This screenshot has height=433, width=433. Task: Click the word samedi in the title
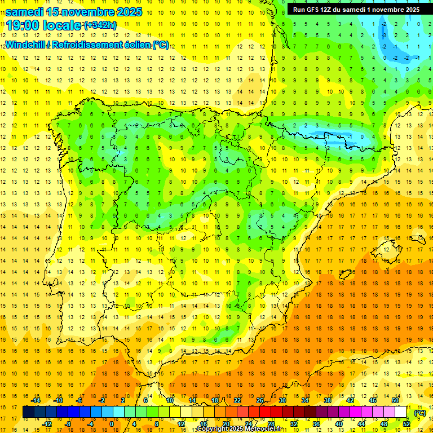[x=24, y=11]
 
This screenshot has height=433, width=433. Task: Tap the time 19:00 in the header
[x=23, y=25]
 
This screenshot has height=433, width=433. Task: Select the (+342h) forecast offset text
[x=100, y=25]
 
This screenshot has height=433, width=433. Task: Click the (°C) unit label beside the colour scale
[x=419, y=413]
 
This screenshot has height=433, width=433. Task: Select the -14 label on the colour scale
[x=36, y=400]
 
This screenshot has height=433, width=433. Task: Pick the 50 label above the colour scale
[x=395, y=400]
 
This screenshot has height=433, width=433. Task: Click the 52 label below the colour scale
[x=407, y=424]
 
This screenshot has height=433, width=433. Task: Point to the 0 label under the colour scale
[x=111, y=424]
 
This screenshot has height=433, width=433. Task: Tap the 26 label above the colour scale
[x=260, y=400]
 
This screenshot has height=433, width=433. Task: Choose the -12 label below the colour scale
[x=47, y=424]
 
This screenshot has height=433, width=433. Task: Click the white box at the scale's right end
[x=401, y=412]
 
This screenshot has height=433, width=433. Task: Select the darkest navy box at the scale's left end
[x=28, y=412]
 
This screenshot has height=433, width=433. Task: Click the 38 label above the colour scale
[x=327, y=400]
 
